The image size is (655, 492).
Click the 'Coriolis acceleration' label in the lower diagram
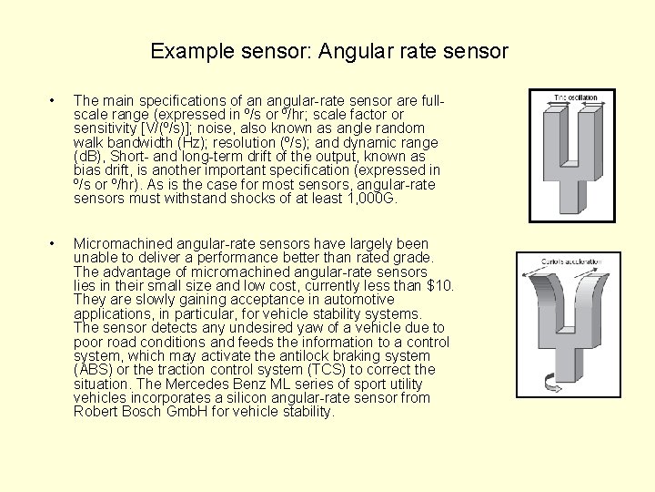[x=567, y=262]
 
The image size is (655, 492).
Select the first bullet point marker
[x=55, y=100]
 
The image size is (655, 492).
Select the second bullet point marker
[x=55, y=243]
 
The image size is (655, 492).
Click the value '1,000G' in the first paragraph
[x=374, y=198]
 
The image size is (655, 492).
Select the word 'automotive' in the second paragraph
[x=357, y=299]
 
